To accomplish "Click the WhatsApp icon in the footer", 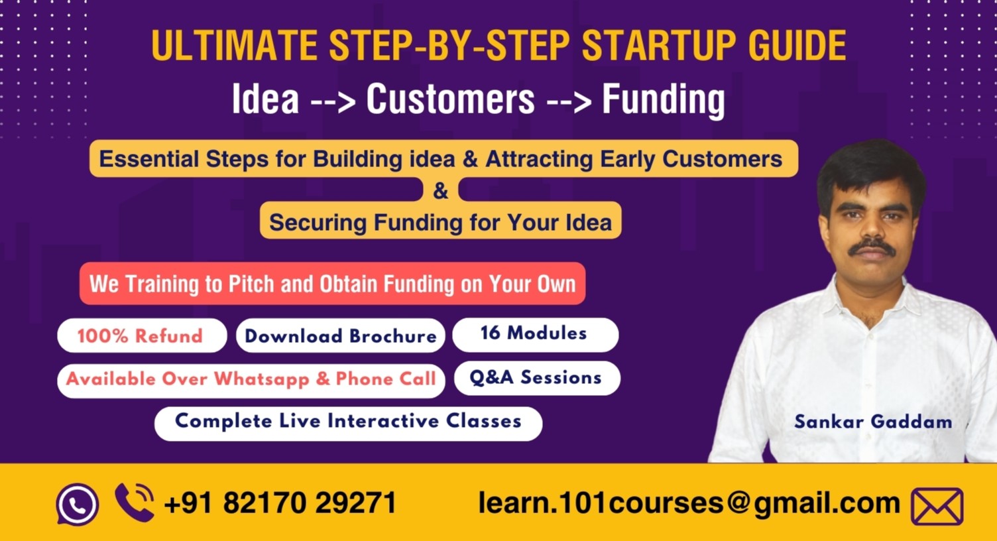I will tap(78, 504).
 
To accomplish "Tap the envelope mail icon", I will tap(937, 507).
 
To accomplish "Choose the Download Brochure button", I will tap(341, 336).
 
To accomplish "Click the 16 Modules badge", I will tap(534, 333).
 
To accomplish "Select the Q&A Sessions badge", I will tap(536, 378).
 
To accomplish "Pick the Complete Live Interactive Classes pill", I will tap(348, 422).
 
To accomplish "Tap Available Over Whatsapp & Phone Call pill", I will tap(251, 380).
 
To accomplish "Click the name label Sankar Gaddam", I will tap(872, 422).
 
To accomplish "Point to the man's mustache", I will tap(872, 248).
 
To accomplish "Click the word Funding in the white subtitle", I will tap(663, 99).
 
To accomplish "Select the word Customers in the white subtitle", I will tap(450, 99).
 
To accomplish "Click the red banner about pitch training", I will tap(332, 284).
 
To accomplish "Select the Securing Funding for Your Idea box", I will tap(440, 222).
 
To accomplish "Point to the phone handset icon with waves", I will tap(135, 502).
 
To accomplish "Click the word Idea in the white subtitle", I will tap(265, 99).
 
